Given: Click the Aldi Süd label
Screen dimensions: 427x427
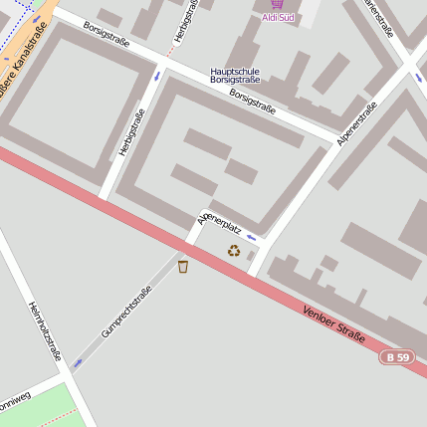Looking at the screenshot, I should [x=278, y=18].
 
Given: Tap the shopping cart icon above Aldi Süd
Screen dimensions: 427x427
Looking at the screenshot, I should [x=277, y=4].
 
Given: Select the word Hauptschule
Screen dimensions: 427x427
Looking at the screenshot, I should [x=235, y=72].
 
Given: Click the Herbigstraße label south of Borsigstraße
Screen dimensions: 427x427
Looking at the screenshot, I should [x=125, y=131].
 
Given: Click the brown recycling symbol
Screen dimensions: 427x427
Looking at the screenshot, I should [x=234, y=251].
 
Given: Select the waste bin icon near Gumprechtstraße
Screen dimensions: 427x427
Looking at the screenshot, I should [x=183, y=266].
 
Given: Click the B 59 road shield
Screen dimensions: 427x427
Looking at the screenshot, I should [x=397, y=356].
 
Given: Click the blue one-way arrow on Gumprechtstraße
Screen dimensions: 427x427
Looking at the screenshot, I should [x=78, y=363].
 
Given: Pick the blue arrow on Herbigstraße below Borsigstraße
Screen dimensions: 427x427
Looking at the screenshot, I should [x=156, y=75].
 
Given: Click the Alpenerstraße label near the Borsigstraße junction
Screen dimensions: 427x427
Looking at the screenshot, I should [x=356, y=124].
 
